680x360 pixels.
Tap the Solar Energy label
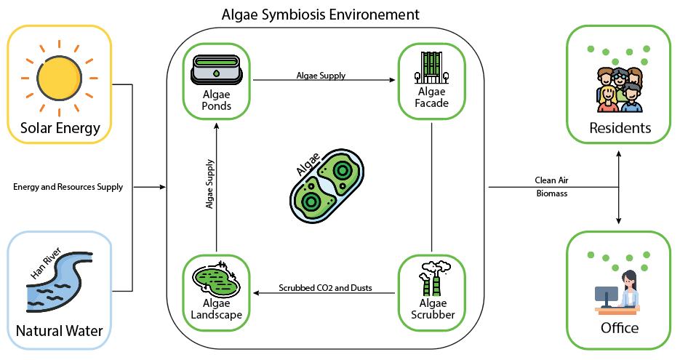[x=59, y=129]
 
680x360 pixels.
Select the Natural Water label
[x=59, y=332]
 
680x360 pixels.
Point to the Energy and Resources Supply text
[x=68, y=187]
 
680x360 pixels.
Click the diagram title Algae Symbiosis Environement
[x=321, y=14]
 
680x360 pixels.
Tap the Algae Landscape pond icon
[x=217, y=278]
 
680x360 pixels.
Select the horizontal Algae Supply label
[x=321, y=75]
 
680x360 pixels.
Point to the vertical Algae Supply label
[x=209, y=185]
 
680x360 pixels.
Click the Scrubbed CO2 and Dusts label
[x=325, y=288]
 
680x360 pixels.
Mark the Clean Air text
[x=551, y=180]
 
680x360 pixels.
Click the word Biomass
[x=551, y=194]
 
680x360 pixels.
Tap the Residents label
[x=620, y=129]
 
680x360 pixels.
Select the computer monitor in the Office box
[x=606, y=295]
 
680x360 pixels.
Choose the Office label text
[x=620, y=328]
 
